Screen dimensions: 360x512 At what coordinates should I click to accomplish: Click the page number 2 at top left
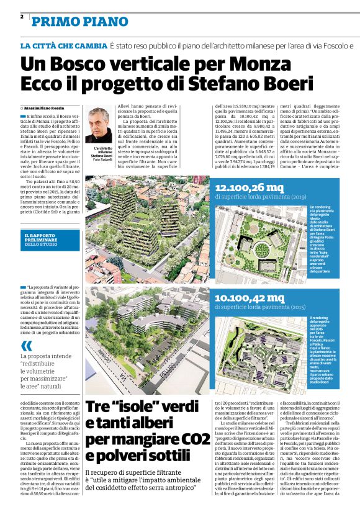(x=22, y=17)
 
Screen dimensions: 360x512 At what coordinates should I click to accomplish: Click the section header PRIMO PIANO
(x=71, y=23)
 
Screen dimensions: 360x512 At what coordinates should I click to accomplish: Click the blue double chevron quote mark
(x=26, y=346)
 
